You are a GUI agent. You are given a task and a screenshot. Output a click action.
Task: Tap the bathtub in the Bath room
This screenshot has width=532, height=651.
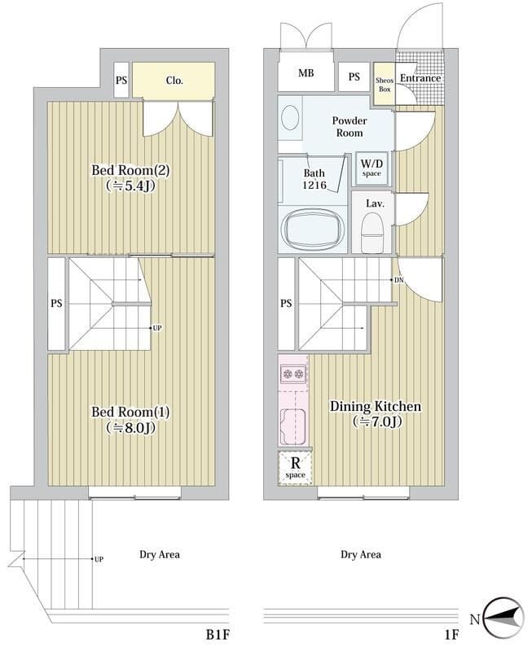click(314, 229)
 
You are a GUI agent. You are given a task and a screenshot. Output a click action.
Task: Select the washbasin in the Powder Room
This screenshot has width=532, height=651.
click(290, 116)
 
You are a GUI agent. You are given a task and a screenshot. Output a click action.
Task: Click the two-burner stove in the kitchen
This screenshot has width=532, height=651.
click(293, 374)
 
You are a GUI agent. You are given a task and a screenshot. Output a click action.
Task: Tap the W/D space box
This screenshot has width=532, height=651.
click(372, 168)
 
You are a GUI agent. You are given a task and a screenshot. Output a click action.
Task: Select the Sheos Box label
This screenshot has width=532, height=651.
click(385, 85)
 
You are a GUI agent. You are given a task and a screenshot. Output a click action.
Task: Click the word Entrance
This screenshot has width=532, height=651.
click(420, 78)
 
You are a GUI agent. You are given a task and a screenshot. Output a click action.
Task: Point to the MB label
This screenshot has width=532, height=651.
click(306, 73)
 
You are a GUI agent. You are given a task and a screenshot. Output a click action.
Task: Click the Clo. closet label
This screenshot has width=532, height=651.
click(174, 80)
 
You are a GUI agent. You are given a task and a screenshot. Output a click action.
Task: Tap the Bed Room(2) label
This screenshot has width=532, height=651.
click(130, 170)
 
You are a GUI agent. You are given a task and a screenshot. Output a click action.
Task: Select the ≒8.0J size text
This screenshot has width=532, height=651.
click(131, 427)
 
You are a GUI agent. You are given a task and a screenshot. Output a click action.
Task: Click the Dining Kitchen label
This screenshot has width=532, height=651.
click(376, 406)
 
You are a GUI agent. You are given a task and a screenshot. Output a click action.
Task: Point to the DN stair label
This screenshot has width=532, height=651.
click(398, 280)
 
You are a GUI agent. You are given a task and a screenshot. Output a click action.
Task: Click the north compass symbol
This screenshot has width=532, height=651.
click(503, 620)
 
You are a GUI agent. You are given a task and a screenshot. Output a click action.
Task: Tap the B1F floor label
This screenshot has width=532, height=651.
click(218, 635)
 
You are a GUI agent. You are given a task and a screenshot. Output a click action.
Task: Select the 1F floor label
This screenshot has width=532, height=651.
click(451, 635)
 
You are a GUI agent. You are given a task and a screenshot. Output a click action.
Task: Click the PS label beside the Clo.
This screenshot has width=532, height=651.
click(121, 80)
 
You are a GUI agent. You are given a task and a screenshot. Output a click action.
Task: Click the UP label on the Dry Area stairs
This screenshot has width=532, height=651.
click(99, 559)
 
